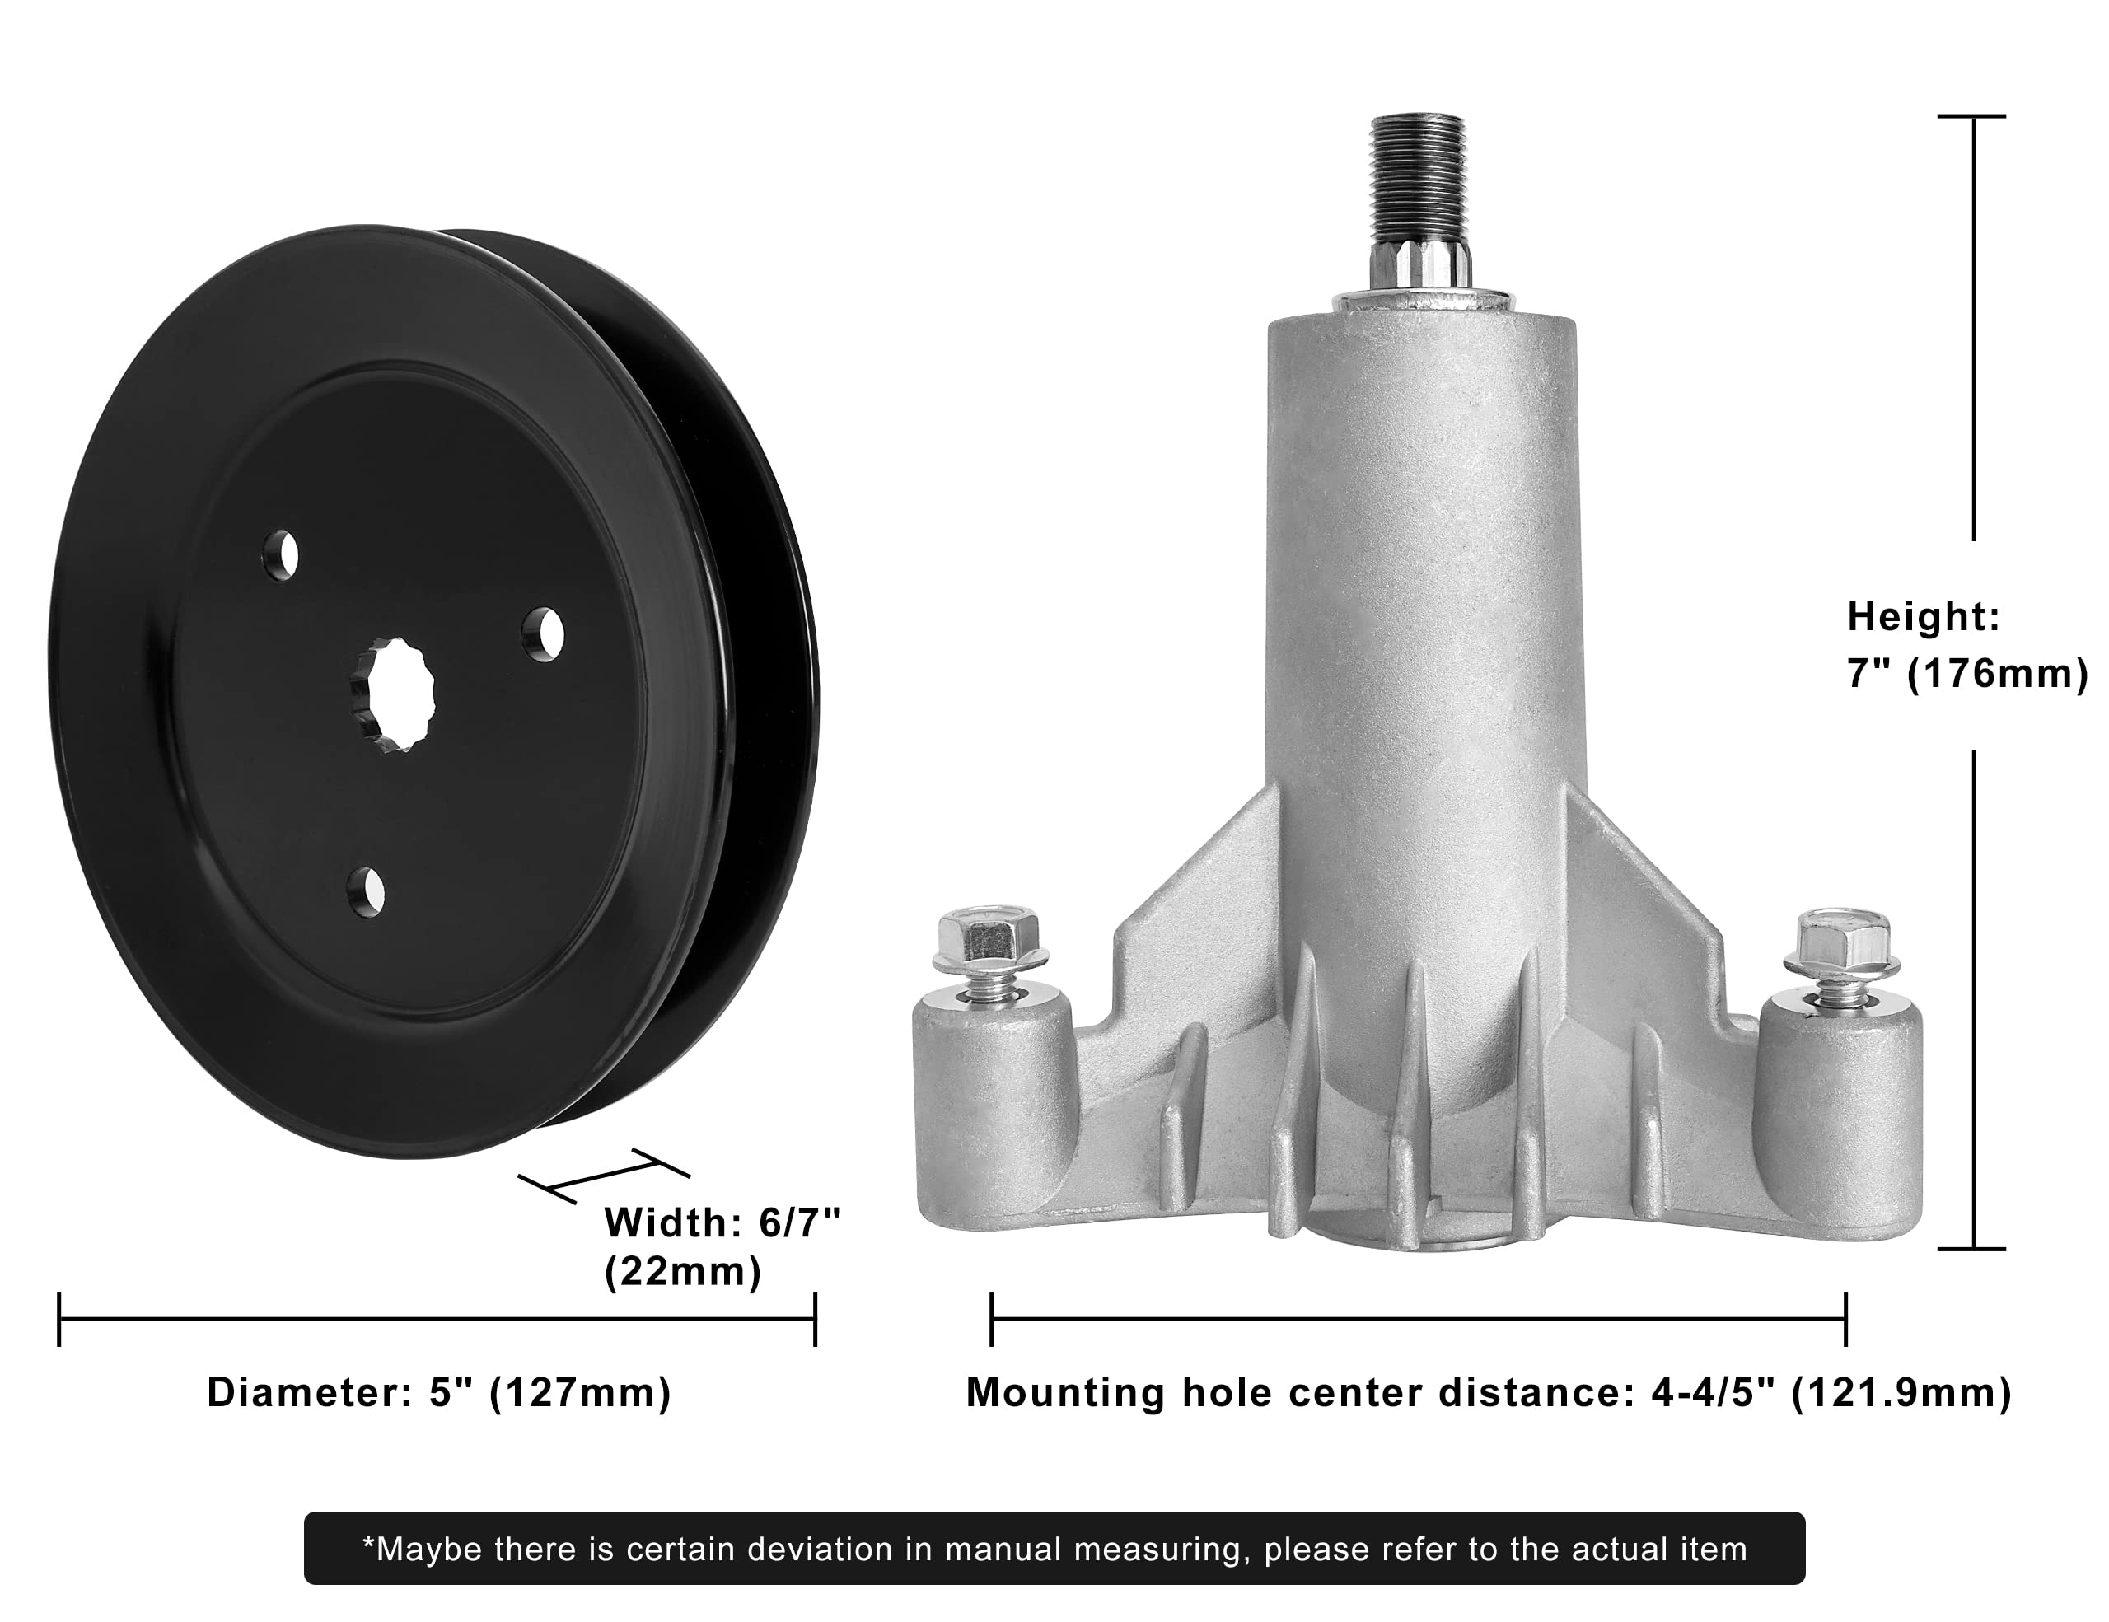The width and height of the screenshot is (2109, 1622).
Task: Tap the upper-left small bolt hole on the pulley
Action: pyautogui.click(x=282, y=554)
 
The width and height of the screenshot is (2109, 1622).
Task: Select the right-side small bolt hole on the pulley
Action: pyautogui.click(x=544, y=632)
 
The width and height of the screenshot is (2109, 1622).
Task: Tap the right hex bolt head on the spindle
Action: pyautogui.click(x=1840, y=942)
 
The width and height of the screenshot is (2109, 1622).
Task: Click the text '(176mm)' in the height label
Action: pyautogui.click(x=1997, y=673)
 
